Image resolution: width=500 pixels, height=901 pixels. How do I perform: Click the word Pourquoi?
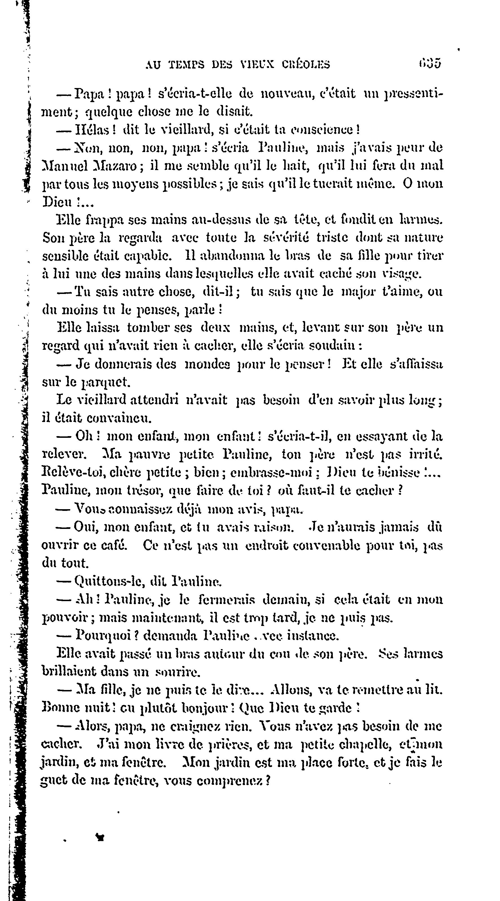point(102,635)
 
